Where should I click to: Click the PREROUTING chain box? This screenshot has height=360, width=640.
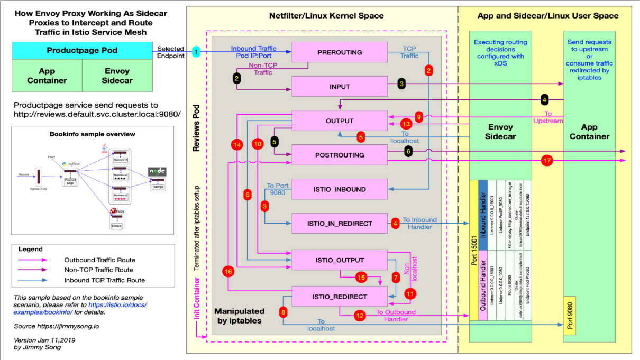[340, 52]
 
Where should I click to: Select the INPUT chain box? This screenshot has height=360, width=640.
[340, 87]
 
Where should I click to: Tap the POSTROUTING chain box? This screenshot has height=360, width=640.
[340, 155]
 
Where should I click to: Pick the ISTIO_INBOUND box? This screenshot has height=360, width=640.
[340, 189]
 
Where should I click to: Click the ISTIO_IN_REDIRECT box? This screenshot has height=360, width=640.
[340, 224]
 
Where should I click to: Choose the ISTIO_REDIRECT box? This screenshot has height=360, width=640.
[340, 297]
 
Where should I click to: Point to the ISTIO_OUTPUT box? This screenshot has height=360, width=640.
[340, 260]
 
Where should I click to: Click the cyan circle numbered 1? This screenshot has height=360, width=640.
[196, 52]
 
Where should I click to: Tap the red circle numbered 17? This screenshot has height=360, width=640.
[547, 160]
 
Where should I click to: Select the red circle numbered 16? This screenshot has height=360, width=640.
[228, 272]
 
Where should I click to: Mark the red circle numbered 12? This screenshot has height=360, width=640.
[360, 316]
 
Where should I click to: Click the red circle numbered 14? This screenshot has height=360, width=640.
[236, 144]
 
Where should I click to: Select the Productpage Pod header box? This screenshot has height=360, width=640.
[82, 51]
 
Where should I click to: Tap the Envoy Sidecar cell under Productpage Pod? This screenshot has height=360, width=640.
[118, 76]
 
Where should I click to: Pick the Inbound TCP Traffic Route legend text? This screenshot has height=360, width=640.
[105, 280]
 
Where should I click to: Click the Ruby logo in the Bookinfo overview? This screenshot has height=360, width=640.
[113, 211]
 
